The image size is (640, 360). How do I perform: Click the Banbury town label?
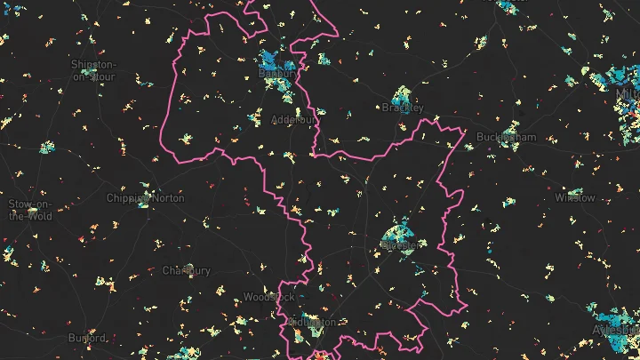pyautogui.click(x=275, y=74)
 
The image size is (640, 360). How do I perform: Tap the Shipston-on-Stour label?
pyautogui.click(x=92, y=70)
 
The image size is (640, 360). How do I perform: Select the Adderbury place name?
pyautogui.click(x=293, y=118)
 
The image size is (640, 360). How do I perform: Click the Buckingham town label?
pyautogui.click(x=508, y=138)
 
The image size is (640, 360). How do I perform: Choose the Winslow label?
pyautogui.click(x=575, y=197)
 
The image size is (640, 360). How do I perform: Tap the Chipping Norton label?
pyautogui.click(x=146, y=198)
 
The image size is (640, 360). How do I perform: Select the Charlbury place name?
pyautogui.click(x=187, y=270)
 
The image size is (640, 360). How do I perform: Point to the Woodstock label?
pyautogui.click(x=268, y=297)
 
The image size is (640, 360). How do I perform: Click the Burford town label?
pyautogui.click(x=88, y=338)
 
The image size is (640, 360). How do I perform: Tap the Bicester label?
pyautogui.click(x=400, y=243)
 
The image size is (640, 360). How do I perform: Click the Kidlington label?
pyautogui.click(x=313, y=322)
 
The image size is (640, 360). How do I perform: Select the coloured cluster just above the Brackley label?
pyautogui.click(x=403, y=94)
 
